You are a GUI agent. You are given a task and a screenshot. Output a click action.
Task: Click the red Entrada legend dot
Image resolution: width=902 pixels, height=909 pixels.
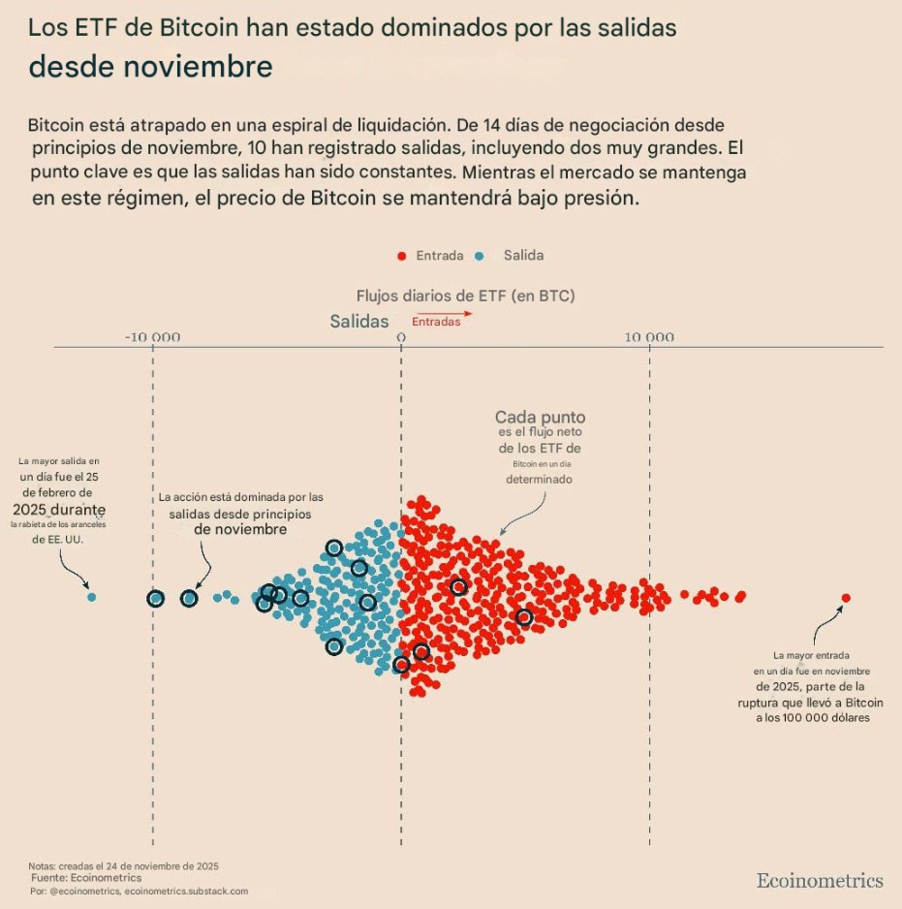click(x=401, y=256)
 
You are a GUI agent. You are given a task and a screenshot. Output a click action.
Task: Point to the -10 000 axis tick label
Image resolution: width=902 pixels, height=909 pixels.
click(x=153, y=337)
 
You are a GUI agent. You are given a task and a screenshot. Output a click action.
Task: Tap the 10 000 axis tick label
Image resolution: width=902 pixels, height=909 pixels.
click(x=648, y=337)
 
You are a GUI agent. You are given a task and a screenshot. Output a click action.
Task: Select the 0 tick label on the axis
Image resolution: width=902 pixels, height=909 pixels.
click(x=401, y=337)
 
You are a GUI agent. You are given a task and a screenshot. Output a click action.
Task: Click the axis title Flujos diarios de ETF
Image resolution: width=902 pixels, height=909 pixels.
click(x=465, y=296)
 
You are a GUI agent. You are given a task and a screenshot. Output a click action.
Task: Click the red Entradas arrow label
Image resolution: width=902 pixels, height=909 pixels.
click(x=437, y=321)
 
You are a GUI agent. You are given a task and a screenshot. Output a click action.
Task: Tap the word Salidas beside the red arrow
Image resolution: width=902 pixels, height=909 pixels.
click(x=358, y=321)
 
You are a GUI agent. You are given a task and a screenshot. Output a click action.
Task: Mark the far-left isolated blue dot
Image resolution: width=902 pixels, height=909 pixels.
click(x=92, y=597)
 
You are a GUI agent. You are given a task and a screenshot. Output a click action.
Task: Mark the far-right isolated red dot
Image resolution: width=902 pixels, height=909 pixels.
click(x=846, y=598)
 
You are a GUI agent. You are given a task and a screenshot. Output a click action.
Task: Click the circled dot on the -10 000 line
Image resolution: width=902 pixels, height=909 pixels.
click(x=155, y=599)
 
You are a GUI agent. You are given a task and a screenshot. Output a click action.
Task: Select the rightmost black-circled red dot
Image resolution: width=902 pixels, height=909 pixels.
click(x=524, y=617)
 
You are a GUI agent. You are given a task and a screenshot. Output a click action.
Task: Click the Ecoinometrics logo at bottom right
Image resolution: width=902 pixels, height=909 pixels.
click(x=820, y=880)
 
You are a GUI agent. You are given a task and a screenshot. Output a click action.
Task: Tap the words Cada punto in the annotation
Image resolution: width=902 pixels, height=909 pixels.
click(x=540, y=418)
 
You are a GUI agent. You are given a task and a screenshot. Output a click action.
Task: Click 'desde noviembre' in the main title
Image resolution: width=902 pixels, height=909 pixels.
click(x=150, y=67)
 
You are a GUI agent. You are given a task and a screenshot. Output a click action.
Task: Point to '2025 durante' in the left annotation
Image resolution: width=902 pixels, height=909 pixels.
click(x=59, y=509)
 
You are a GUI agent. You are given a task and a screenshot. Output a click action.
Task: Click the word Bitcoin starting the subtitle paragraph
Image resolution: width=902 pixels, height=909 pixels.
click(x=62, y=126)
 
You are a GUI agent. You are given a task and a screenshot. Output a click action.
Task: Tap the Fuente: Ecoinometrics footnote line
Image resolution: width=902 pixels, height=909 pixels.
click(x=85, y=877)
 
